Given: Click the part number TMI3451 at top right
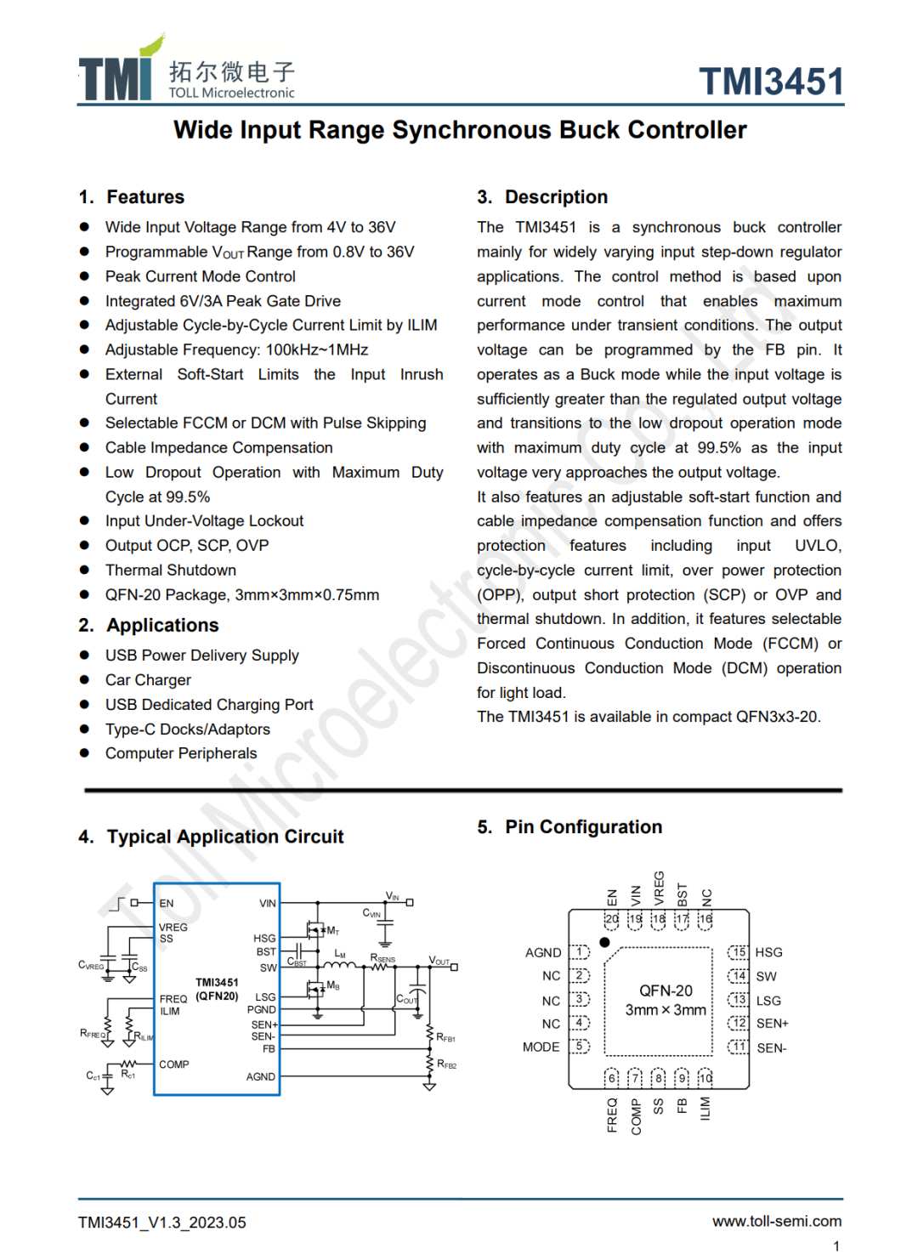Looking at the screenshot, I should tap(771, 82).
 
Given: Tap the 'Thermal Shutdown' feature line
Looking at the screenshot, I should tap(171, 570).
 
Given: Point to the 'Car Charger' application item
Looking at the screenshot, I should tap(148, 680).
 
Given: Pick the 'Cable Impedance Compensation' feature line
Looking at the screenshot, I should tap(218, 448).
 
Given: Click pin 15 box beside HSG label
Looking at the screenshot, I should tap(739, 952).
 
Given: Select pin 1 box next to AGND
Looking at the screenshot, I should tap(580, 952).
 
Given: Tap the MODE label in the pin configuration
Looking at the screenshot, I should tap(541, 1047).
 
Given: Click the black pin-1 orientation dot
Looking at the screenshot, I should tap(604, 942).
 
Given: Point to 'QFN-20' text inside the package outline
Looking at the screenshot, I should tap(666, 991).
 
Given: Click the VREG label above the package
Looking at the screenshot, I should tap(659, 888).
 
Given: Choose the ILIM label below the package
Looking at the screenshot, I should tap(705, 1108).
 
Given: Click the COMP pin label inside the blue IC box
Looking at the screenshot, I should tap(174, 1064).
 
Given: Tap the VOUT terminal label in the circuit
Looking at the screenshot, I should tap(439, 961).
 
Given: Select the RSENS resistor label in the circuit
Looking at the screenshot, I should tap(382, 958).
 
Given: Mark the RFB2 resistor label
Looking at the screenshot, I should tap(446, 1064).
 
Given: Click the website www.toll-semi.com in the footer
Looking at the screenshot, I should tap(776, 1222).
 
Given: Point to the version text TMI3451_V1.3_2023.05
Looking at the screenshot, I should tap(162, 1223).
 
